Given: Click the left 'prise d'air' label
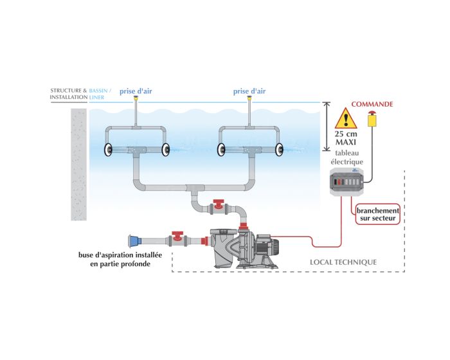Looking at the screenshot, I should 136,91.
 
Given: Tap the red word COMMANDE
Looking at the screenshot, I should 372,104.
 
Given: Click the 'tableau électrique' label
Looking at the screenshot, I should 347,159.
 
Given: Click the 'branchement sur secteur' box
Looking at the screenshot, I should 376,215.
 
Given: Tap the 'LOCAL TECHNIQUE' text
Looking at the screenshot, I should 343,262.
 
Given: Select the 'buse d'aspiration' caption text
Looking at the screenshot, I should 120,259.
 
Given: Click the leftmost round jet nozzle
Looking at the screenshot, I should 107,149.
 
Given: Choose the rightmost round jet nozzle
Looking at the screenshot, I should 280,149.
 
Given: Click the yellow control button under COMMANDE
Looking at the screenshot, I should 372,119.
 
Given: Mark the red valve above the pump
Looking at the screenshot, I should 219,207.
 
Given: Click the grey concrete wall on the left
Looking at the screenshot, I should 78,165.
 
